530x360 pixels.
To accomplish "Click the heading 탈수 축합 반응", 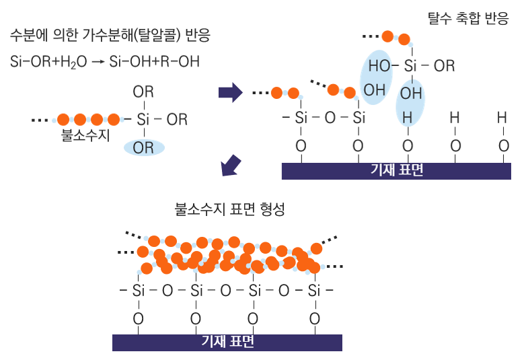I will [x=468, y=19].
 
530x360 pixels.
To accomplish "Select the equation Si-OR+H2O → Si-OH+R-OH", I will [x=105, y=62].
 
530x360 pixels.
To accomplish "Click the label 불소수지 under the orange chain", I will [x=85, y=135].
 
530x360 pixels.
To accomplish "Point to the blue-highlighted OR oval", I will [x=143, y=147].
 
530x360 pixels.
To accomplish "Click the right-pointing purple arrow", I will [x=230, y=92].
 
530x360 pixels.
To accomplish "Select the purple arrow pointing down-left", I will [x=231, y=165].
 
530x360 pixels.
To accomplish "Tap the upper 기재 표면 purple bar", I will [x=396, y=171].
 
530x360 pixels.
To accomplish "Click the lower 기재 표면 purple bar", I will [x=227, y=342].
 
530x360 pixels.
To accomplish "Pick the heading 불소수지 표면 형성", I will [x=230, y=209].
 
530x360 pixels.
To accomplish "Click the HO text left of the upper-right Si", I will [x=380, y=66].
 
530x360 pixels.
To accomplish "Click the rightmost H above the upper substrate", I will [x=502, y=117].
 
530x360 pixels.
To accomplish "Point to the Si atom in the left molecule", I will [x=143, y=119].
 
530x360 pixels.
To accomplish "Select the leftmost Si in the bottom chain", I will [x=139, y=291].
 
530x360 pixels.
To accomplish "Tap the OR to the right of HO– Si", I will [x=444, y=66].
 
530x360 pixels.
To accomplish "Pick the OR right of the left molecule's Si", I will [x=177, y=119].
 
